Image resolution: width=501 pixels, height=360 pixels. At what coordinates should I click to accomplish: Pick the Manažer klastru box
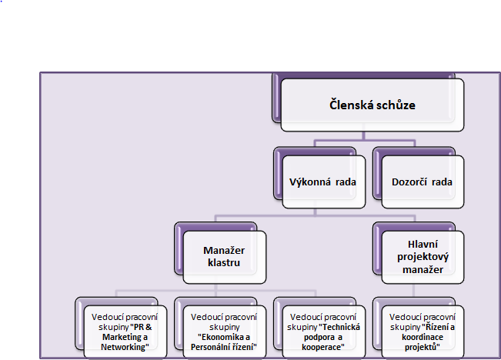point(224,257)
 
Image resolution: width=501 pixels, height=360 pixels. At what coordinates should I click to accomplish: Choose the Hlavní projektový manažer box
point(420,255)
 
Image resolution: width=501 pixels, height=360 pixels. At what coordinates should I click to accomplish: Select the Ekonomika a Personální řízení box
point(222,331)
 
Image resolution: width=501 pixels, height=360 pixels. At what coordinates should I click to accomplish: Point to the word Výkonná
point(307,182)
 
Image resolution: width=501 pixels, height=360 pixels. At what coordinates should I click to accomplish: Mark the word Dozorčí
point(408,182)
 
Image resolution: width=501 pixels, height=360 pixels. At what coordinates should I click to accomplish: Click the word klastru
point(223,263)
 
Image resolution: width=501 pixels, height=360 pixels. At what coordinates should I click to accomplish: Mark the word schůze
point(399,105)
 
